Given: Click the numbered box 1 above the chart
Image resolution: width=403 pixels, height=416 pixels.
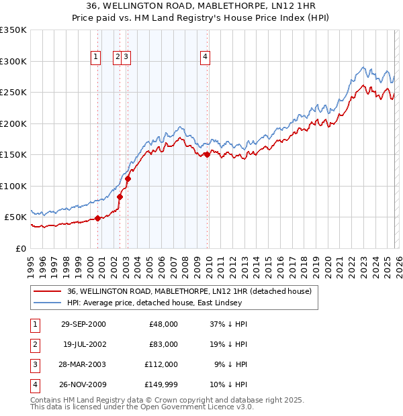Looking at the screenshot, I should coord(95,58).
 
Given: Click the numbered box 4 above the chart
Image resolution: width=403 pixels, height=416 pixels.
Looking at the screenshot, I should coord(204,58).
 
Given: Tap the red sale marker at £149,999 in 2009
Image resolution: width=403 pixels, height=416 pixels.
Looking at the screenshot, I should coord(208,155).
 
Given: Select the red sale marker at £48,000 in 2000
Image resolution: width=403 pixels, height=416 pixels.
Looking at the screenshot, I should coord(98,218).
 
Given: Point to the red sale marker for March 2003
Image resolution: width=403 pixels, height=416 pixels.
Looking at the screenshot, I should coord(128,178).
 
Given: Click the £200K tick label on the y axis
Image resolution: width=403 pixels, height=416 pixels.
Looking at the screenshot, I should coord(13,123).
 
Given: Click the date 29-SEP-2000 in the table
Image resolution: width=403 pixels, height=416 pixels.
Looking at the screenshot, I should coord(82,323).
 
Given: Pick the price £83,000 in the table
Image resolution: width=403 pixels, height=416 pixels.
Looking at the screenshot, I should coord(163,344).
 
